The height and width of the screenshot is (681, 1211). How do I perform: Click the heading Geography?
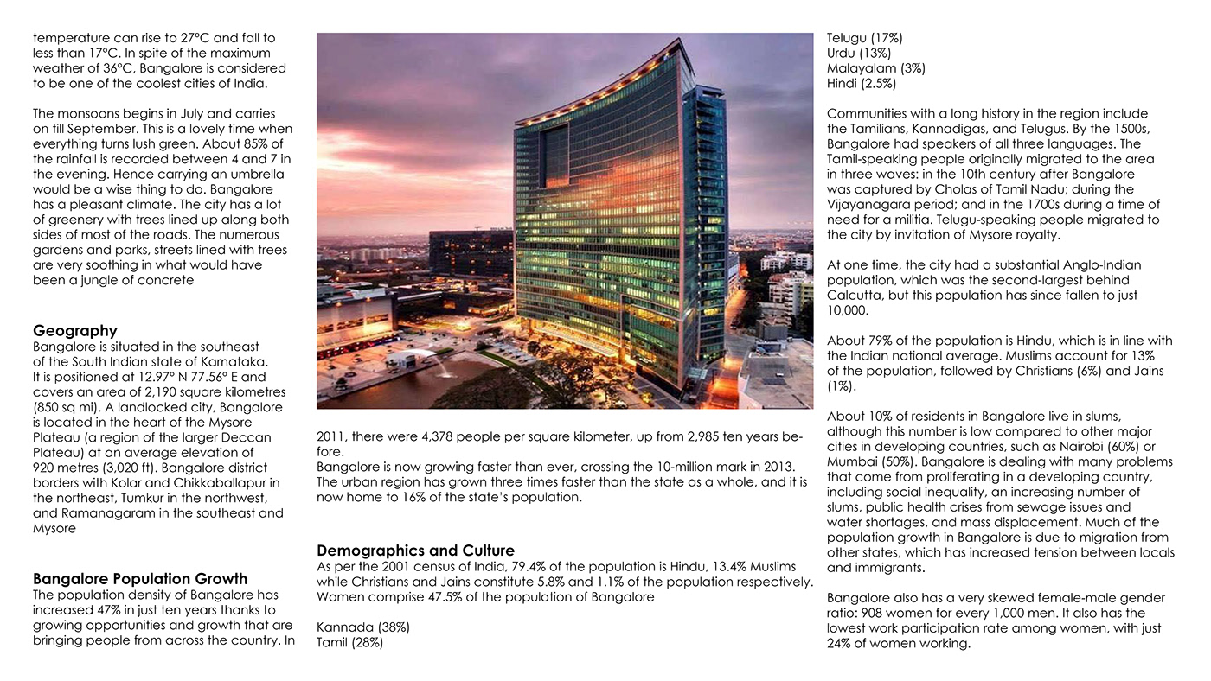click(74, 331)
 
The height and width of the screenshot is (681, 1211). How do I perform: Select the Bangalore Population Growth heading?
click(140, 579)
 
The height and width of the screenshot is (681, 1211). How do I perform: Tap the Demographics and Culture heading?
click(415, 551)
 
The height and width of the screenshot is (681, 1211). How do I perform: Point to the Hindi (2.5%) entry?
click(862, 84)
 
